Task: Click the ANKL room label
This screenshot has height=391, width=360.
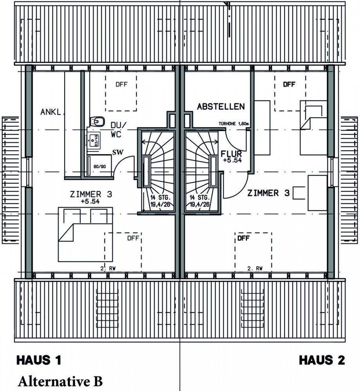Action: pos(51,112)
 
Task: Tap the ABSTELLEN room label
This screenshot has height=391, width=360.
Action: pos(221,106)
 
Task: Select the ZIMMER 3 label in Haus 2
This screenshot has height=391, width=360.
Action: pos(268,193)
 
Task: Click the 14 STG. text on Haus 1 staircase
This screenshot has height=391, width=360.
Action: pos(158,197)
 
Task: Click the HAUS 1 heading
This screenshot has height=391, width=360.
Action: pos(39,360)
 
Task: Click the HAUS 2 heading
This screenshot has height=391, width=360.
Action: pos(322,360)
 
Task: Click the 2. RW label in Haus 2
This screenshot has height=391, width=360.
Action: pos(255,269)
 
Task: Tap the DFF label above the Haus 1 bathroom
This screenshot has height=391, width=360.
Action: pos(121,84)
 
